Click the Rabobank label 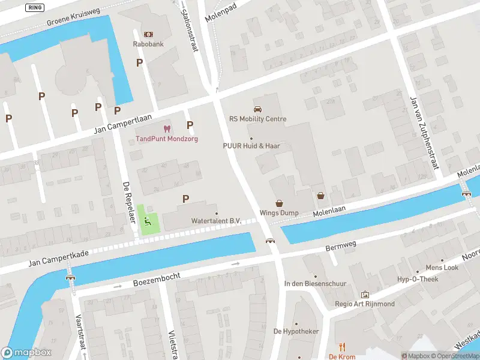(148, 44)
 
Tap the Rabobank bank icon (148, 34)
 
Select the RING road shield (35, 7)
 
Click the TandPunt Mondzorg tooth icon (167, 128)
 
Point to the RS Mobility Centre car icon (257, 109)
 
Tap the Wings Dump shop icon (279, 203)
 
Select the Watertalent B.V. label (216, 221)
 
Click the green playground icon (148, 221)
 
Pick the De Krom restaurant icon (342, 347)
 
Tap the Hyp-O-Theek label (418, 279)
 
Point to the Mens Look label (442, 268)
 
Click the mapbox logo (26, 353)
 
